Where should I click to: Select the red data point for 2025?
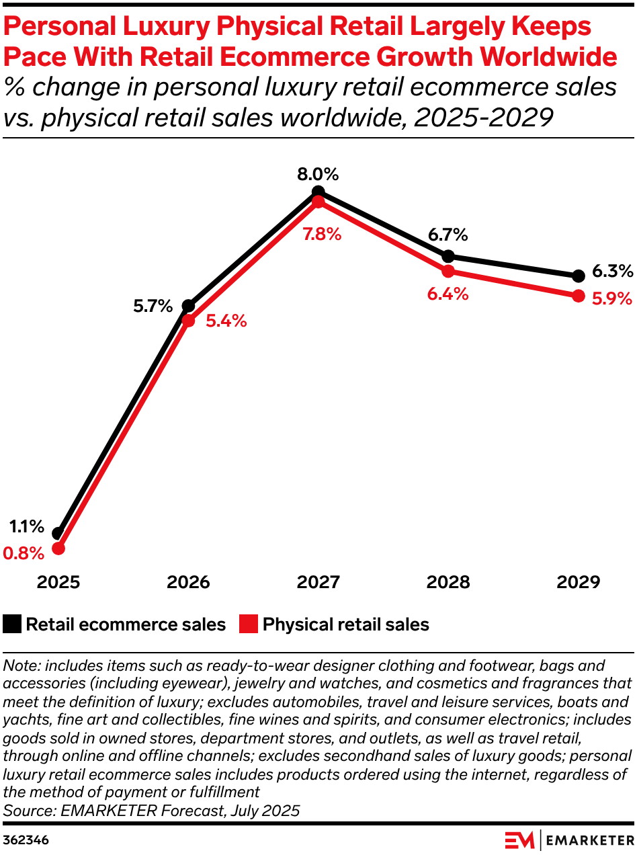coord(58,548)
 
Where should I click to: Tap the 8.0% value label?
coord(318,175)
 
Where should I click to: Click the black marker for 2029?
coord(578,276)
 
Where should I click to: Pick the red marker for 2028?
coord(448,271)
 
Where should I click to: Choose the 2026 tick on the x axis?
coord(189,582)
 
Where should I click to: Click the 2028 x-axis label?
coord(448,582)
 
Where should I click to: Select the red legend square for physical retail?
coord(248,624)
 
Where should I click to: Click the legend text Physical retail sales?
coord(345,624)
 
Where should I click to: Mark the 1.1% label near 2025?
coord(27,526)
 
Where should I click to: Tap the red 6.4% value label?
coord(448,294)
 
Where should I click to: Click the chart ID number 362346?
coord(26,840)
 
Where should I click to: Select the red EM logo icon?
coord(519,840)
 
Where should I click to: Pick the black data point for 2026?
coord(189,306)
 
